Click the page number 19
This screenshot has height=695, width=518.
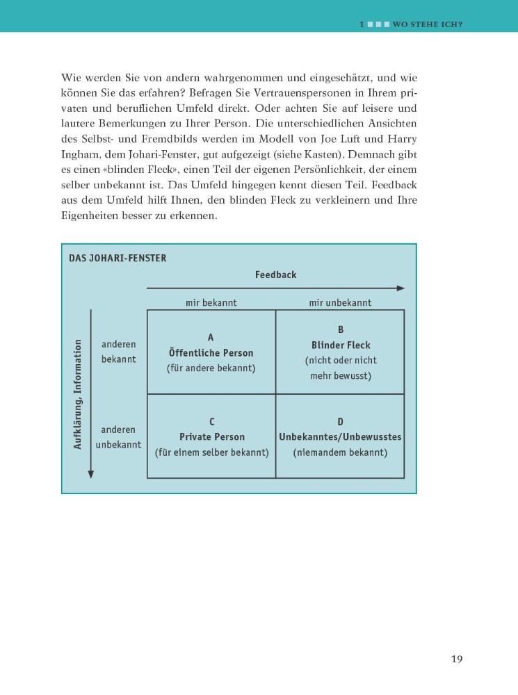456,659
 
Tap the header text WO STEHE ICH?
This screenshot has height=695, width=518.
428,24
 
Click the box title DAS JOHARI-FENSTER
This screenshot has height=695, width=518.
118,258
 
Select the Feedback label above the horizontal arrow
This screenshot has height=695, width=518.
275,275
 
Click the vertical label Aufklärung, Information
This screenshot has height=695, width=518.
78,394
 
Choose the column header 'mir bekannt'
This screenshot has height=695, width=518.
211,302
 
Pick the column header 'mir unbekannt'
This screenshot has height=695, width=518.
340,302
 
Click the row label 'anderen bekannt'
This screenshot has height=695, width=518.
119,352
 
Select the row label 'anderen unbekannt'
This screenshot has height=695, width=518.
118,437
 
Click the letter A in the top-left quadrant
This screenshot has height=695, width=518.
211,338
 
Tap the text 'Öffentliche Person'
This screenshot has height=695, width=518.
211,353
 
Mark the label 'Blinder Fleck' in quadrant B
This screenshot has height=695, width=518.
341,345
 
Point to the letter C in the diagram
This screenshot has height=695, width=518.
211,422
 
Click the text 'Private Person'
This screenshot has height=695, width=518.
211,437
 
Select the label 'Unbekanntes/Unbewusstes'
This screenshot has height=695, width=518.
341,437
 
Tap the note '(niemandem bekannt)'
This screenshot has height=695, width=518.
341,452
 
